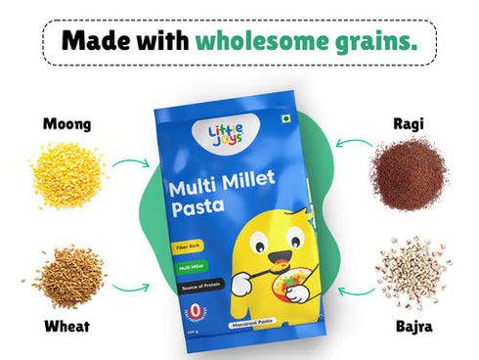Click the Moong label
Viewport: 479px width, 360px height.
coord(66,124)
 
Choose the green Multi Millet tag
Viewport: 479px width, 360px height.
coord(192,265)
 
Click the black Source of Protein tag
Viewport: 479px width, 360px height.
coord(196,284)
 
